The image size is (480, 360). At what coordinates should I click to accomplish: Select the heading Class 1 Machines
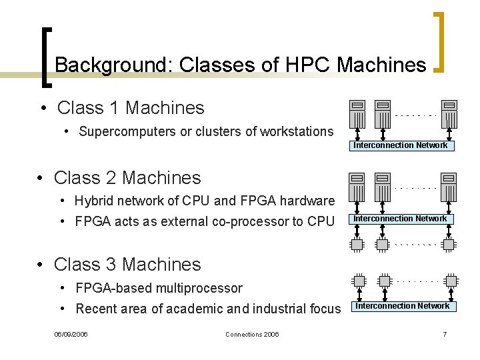(x=131, y=107)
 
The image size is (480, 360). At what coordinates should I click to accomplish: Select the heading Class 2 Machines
(x=127, y=178)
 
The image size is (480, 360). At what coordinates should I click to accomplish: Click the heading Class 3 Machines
(x=127, y=265)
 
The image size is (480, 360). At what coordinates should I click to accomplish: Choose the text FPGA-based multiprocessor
(x=159, y=288)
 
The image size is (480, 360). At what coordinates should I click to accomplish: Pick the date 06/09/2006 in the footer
(x=71, y=334)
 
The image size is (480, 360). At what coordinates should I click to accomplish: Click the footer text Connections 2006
(x=252, y=334)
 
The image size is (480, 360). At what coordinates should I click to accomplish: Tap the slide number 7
(x=445, y=334)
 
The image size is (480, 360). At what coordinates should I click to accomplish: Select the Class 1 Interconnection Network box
(x=401, y=145)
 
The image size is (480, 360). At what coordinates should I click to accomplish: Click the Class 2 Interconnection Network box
(x=401, y=219)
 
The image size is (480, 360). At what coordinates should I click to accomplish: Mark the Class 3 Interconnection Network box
(x=402, y=306)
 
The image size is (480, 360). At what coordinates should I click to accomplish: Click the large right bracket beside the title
(x=439, y=41)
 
